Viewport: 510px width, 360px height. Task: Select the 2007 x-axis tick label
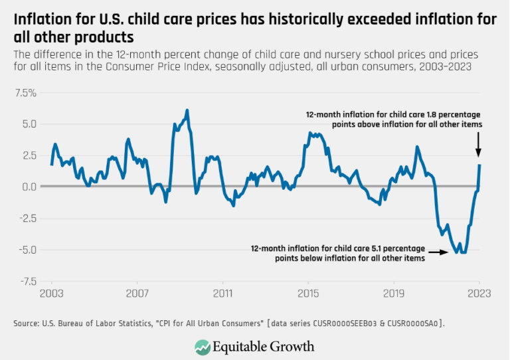(137, 293)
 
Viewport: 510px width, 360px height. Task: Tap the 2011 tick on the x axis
(222, 293)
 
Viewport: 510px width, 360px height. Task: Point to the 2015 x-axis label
(308, 293)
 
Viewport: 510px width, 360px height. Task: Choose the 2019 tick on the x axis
(394, 293)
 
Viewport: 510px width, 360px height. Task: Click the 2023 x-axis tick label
(479, 293)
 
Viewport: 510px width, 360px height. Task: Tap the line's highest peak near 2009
(187, 110)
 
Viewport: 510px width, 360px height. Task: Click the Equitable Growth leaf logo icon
(203, 346)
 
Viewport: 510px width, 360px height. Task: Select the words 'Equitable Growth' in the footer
(264, 346)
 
